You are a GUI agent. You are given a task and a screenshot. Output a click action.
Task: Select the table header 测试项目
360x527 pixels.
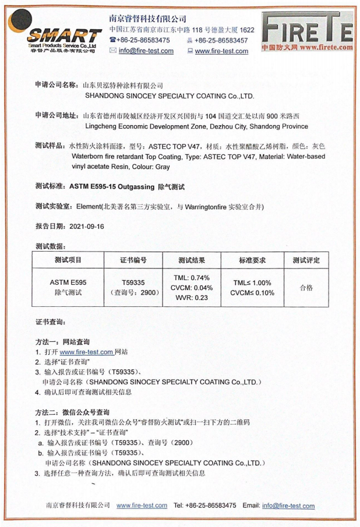coord(68,260)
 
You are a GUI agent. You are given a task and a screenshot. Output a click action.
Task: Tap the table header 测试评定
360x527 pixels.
coord(305,260)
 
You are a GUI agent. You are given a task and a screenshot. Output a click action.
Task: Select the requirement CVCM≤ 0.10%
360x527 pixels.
coord(253,292)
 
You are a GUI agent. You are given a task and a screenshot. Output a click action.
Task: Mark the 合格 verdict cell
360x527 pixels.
coord(305,287)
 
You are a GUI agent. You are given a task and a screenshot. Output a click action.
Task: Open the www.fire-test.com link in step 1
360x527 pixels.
coord(86,352)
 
